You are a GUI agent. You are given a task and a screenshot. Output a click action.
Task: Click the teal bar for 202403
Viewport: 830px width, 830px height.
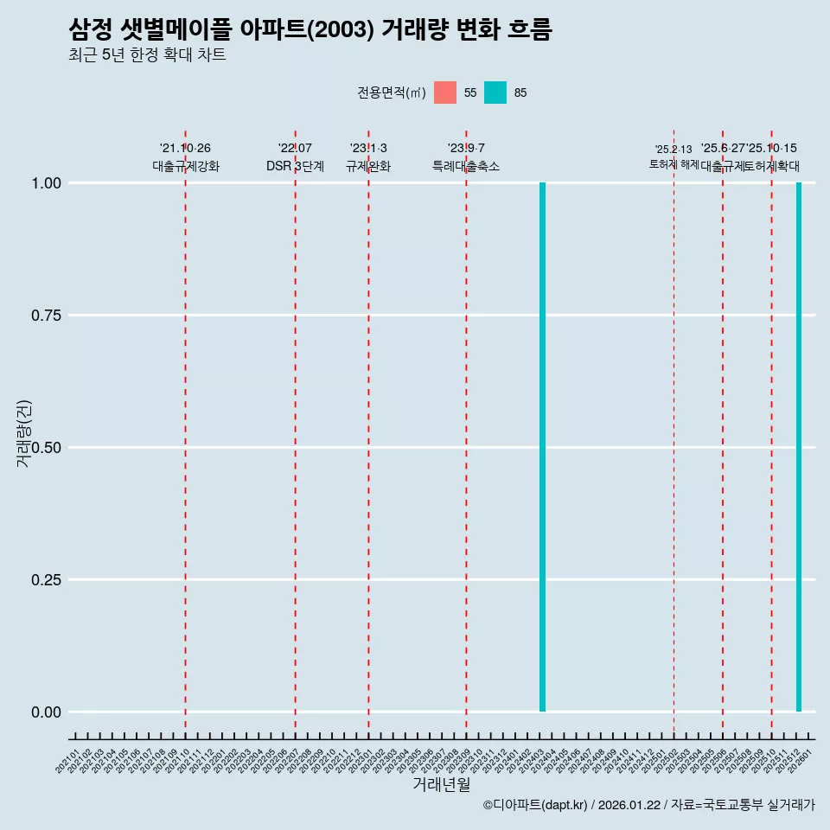tap(542, 447)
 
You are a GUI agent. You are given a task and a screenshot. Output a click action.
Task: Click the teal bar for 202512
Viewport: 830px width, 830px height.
tap(799, 447)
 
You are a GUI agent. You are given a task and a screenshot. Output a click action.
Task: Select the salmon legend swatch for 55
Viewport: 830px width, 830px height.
tap(445, 93)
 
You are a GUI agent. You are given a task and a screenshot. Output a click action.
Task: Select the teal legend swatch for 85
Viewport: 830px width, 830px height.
tap(495, 93)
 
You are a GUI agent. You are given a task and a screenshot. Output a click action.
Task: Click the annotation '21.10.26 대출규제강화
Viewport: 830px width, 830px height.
tap(186, 157)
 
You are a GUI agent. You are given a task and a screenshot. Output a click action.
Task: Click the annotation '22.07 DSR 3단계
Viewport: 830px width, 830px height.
tap(295, 157)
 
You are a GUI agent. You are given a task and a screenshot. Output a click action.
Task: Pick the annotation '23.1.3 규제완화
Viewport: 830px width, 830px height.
tap(368, 157)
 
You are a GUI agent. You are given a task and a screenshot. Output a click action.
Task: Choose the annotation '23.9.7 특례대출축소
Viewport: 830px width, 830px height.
tap(466, 157)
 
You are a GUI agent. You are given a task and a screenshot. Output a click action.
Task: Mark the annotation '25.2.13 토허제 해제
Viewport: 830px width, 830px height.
tap(674, 156)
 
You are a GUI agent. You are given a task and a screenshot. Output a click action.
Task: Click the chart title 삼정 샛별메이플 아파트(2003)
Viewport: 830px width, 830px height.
tap(310, 30)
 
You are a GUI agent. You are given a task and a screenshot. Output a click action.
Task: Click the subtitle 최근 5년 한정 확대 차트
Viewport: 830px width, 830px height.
tap(147, 55)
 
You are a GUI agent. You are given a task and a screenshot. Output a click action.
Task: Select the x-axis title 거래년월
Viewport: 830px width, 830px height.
tap(441, 785)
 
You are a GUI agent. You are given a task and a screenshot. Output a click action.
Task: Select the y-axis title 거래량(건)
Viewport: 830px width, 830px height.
tap(24, 433)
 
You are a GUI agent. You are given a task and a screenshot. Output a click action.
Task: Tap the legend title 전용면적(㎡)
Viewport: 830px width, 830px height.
tap(391, 93)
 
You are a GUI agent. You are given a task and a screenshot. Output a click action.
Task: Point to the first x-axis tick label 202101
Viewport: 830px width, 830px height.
tap(68, 763)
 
